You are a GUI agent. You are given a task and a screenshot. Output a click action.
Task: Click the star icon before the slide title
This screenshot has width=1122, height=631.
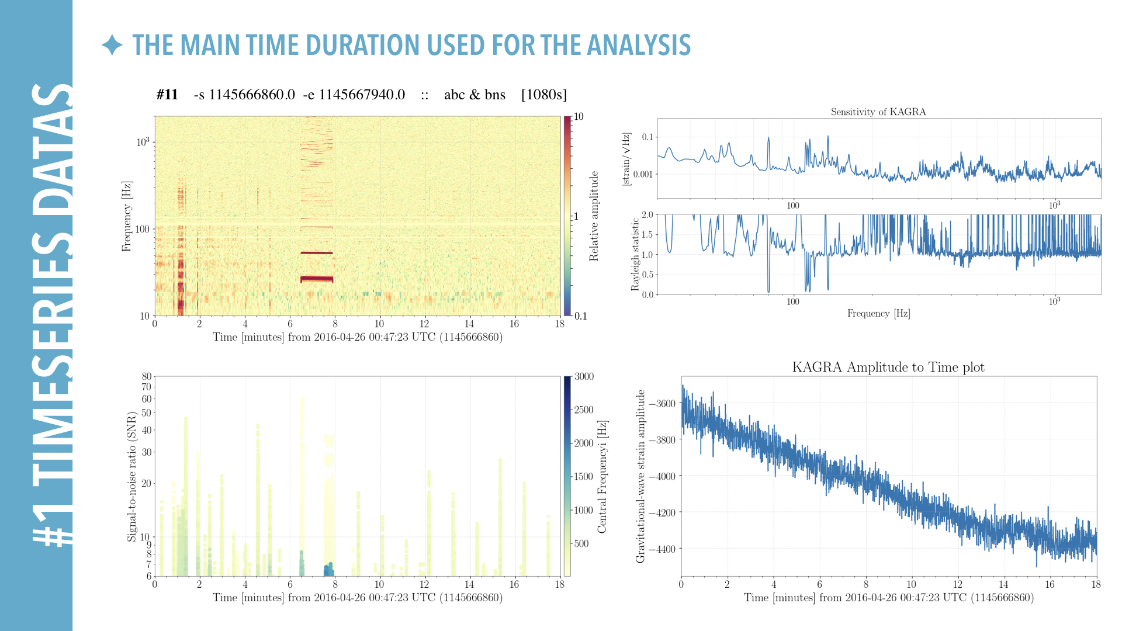[x=112, y=45]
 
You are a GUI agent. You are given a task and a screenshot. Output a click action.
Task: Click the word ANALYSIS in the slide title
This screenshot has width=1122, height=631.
[x=639, y=45]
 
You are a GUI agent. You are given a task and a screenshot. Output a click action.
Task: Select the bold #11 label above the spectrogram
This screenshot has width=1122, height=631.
[x=167, y=95]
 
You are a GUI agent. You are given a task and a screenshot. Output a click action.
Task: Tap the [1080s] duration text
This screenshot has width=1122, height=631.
[x=543, y=95]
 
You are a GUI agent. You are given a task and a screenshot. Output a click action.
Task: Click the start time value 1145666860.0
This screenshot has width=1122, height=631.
[x=252, y=95]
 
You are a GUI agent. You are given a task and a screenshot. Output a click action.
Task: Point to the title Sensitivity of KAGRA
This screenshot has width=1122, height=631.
[x=878, y=112]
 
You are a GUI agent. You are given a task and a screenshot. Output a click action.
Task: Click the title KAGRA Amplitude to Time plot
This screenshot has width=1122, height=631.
[x=888, y=367]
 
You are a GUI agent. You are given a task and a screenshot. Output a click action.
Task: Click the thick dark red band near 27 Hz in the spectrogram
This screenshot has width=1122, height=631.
[x=317, y=279]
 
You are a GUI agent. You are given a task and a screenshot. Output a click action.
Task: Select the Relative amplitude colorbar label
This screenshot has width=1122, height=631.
[x=594, y=216]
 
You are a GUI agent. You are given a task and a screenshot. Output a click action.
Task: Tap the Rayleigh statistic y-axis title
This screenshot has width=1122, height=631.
[x=635, y=255]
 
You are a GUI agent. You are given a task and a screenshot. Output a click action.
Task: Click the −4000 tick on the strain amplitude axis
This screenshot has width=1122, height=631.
[x=662, y=476]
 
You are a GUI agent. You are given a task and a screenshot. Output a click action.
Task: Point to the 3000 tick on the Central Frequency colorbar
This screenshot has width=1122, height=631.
[x=584, y=376]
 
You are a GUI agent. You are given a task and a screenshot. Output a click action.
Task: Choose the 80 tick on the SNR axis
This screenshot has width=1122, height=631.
[x=146, y=376]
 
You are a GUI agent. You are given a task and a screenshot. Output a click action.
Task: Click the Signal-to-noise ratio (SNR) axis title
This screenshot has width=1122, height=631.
[x=131, y=476]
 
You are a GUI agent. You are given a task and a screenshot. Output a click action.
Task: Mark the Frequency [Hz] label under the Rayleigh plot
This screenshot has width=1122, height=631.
[x=878, y=313]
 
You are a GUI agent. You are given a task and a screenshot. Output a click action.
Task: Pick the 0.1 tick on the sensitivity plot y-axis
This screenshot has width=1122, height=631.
[x=647, y=137]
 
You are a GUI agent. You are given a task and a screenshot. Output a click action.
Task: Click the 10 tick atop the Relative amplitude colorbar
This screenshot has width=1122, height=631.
[x=579, y=116]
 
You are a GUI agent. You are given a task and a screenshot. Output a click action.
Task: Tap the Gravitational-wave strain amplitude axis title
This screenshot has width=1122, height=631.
[x=640, y=476]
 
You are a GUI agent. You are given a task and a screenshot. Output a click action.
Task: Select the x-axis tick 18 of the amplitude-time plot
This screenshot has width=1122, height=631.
[x=1096, y=584]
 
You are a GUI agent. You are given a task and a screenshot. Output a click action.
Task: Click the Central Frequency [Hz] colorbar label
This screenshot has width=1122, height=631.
[x=602, y=476]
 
